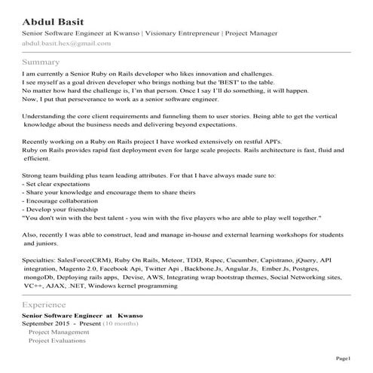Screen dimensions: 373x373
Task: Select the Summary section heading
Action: tap(41, 61)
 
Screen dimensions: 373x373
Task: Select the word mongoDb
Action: tap(39, 277)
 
